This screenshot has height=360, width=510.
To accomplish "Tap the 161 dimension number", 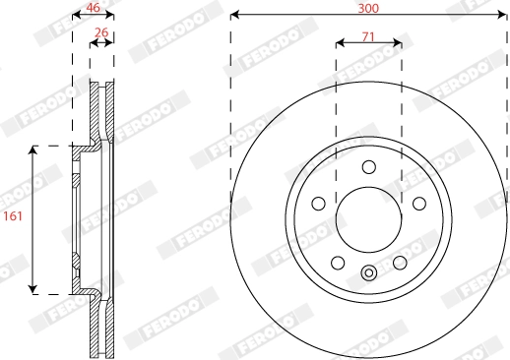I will tap(14, 219).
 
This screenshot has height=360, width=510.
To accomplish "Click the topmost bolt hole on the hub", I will tap(369, 166).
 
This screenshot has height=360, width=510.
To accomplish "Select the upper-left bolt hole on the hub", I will tap(319, 203).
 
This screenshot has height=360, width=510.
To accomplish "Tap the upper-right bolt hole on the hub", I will tap(419, 203).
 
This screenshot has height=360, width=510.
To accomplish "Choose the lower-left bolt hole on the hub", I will tap(338, 263).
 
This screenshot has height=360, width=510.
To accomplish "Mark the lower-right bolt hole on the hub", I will tap(400, 263).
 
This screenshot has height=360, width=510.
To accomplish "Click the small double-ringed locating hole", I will tap(369, 274).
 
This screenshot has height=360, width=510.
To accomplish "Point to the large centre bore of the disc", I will tap(369, 218).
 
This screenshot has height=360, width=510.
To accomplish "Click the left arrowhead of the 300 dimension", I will tap(234, 15).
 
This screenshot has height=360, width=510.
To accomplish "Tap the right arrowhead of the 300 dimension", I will tap(504, 15).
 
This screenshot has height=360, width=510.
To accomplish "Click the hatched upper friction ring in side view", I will tap(101, 108).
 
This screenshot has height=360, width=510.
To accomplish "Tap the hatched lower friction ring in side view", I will tap(101, 330).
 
